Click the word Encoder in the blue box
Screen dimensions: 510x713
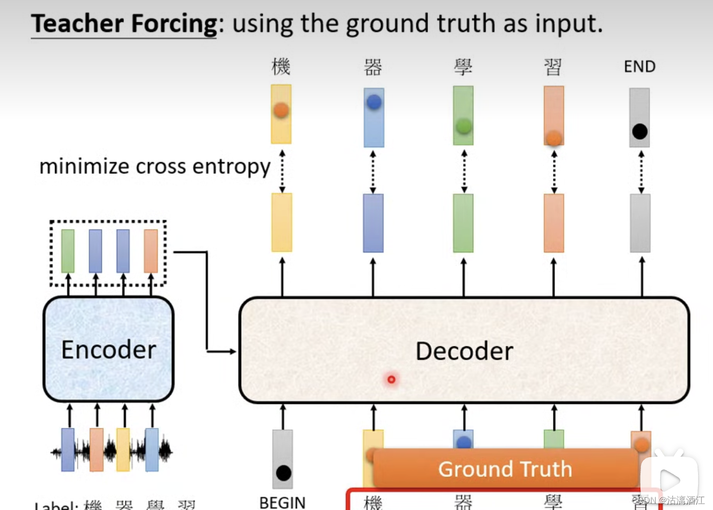(x=108, y=350)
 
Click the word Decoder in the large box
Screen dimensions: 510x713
(x=464, y=351)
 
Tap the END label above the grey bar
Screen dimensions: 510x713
(x=639, y=67)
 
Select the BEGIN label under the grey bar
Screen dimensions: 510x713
(x=282, y=502)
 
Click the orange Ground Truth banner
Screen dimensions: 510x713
(x=505, y=469)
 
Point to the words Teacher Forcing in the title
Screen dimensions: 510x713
(x=124, y=23)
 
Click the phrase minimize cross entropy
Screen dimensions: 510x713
(x=155, y=166)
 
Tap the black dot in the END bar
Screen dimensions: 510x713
(x=639, y=131)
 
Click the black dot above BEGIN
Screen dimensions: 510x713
(x=283, y=473)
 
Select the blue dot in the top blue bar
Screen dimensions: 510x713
(x=374, y=101)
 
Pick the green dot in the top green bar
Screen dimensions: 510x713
(x=463, y=126)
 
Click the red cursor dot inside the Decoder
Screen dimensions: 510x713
(x=391, y=379)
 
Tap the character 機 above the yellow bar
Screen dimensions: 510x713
(x=281, y=67)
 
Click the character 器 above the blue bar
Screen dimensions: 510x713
(x=373, y=67)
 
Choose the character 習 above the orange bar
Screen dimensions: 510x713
(x=553, y=67)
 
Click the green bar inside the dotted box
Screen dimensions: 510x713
(x=68, y=251)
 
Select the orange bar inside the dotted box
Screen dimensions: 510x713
(x=150, y=251)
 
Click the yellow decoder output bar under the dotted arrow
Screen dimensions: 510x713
(x=282, y=222)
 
